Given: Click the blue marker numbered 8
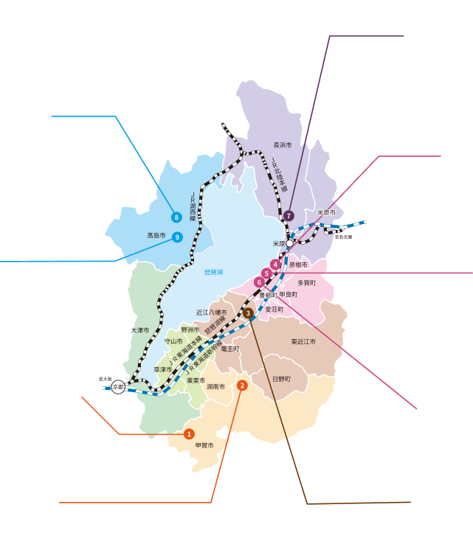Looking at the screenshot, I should [x=176, y=217].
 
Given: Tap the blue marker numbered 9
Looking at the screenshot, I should [x=177, y=237].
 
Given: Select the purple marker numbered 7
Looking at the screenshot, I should [x=289, y=216].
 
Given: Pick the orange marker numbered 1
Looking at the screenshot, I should [x=189, y=434].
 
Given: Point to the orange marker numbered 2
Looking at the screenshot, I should [x=242, y=385].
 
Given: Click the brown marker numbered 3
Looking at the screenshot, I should [x=248, y=313].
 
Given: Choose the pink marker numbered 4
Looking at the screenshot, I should [x=275, y=264].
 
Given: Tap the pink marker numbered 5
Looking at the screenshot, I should [x=266, y=273].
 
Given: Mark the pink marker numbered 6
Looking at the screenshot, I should [x=259, y=282].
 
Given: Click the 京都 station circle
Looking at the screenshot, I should [x=118, y=387].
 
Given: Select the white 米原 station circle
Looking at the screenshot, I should [x=291, y=242].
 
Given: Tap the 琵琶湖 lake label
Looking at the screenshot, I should [x=213, y=273].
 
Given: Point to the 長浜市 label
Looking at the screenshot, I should [x=283, y=145].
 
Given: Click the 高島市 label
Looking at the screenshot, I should [x=156, y=236].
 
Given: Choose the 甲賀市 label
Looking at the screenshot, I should [x=204, y=446].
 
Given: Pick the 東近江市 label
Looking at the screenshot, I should [x=303, y=342].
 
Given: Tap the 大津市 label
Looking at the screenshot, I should [x=140, y=330].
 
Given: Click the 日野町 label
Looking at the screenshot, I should [x=281, y=379].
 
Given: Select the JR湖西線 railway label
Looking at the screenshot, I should [x=193, y=207].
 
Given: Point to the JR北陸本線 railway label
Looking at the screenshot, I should [x=277, y=175].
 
